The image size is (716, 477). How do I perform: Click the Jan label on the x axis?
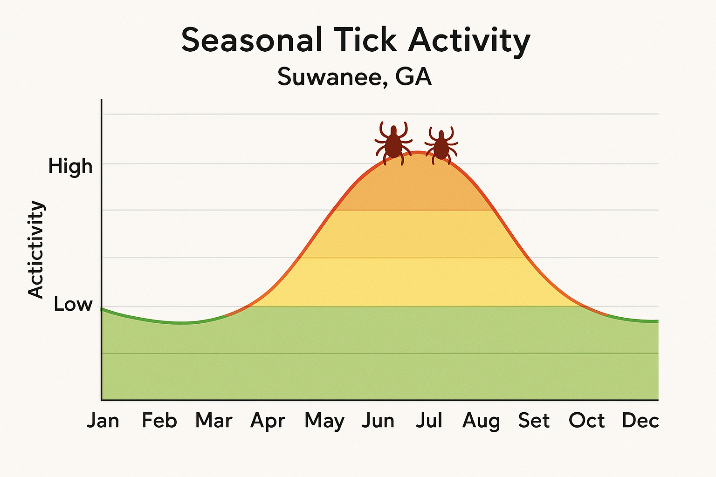103,421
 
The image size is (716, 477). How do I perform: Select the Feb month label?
159,421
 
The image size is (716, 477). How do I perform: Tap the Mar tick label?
213,421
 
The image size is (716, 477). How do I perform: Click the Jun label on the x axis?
378,421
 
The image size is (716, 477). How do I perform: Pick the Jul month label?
429,421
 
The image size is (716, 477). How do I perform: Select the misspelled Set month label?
534,421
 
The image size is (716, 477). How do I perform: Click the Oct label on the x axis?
586,421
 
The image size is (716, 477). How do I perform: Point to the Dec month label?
640,421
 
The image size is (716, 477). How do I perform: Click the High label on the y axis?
70,166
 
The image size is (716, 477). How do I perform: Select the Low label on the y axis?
73,304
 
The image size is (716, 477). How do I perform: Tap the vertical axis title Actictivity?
36,249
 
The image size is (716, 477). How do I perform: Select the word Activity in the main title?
469,41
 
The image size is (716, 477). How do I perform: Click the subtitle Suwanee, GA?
355,77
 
